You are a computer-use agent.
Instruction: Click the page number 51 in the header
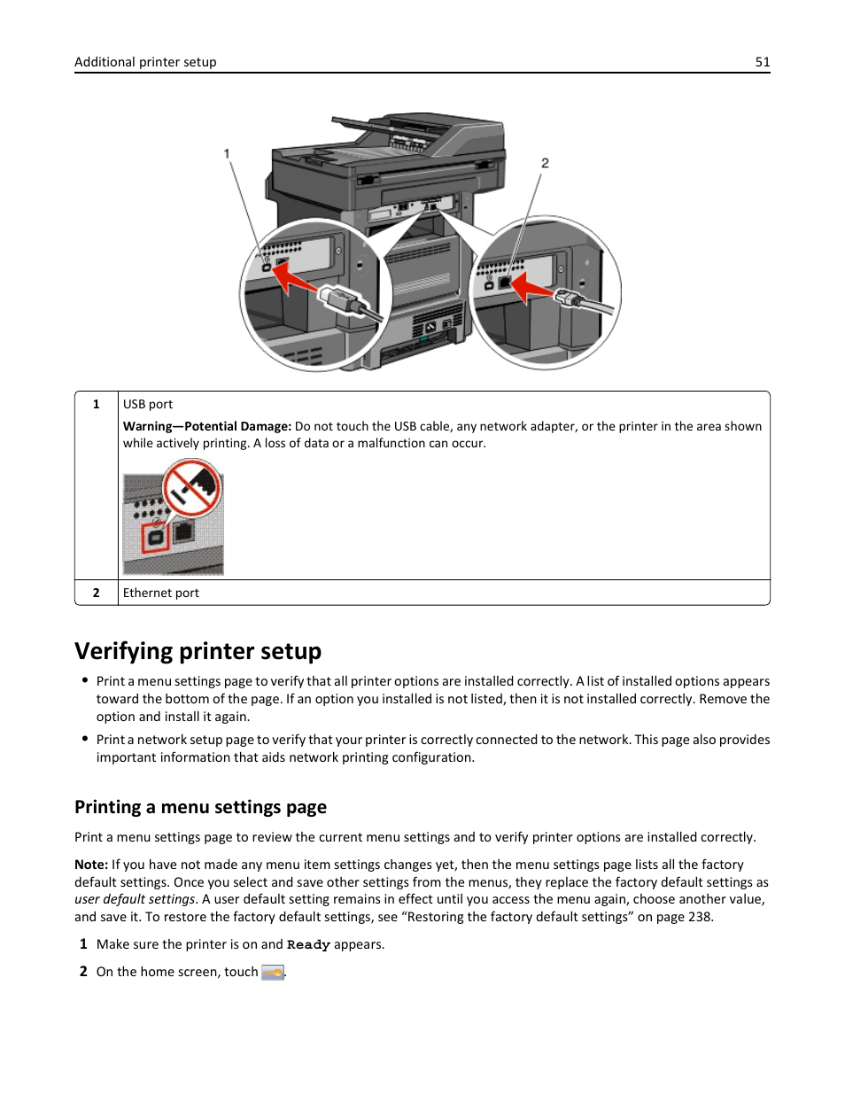pos(763,62)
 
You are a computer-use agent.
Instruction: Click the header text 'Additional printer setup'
pos(145,62)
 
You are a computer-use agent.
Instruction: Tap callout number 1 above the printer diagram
pos(227,154)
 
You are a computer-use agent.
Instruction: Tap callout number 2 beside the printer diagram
pos(545,163)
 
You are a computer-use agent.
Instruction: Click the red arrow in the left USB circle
pos(296,281)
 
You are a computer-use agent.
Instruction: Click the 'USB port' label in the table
pos(148,404)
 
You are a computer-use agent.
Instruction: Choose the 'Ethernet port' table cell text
pos(161,593)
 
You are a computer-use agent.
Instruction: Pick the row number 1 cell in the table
pos(97,404)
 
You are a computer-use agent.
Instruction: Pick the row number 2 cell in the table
pos(97,593)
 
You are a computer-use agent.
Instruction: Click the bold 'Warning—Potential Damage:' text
pos(206,426)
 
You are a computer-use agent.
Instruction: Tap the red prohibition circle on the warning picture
pos(191,487)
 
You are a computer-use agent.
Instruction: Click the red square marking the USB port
pos(156,537)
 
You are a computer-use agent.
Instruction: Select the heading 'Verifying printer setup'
pos(198,651)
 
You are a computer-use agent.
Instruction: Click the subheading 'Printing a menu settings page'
pos(200,807)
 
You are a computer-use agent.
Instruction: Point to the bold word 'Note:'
pos(91,865)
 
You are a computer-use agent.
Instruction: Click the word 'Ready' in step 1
pos(308,945)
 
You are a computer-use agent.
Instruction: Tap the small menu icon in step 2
pos(273,973)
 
